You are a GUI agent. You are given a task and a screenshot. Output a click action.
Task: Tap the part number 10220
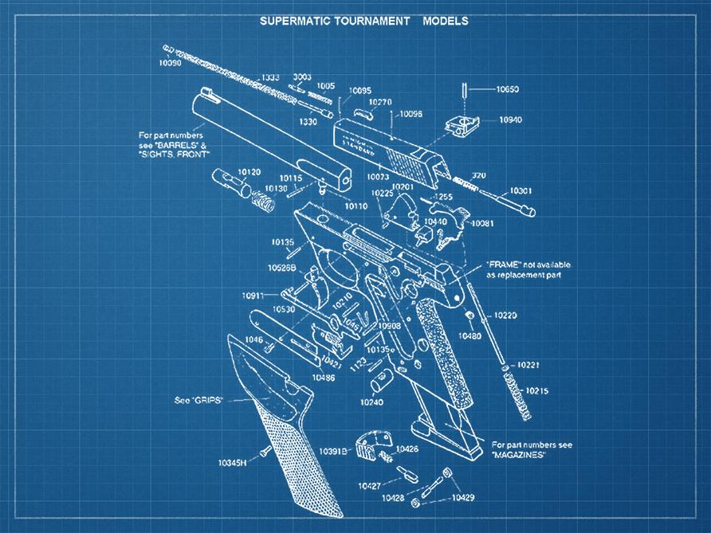[505, 316]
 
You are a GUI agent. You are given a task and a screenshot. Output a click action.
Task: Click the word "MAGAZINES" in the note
[518, 454]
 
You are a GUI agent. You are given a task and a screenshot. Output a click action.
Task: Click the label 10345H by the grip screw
[233, 462]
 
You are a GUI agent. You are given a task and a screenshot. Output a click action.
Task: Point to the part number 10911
[255, 296]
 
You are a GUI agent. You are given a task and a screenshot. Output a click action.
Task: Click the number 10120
[249, 172]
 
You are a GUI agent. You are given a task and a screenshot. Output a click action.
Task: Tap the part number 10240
[371, 402]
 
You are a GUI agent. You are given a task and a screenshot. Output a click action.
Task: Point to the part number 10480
[469, 336]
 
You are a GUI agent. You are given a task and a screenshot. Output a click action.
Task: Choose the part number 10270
[380, 102]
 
